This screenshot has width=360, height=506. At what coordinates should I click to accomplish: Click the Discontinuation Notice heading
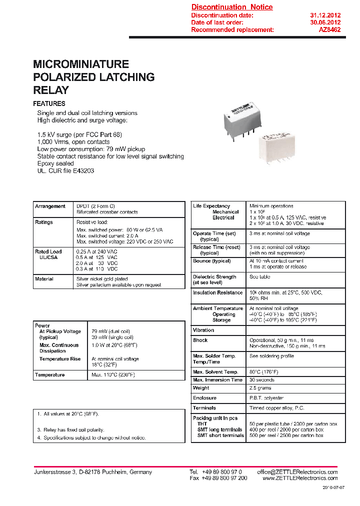click(232, 7)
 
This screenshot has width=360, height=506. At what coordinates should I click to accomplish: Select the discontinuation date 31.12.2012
click(325, 15)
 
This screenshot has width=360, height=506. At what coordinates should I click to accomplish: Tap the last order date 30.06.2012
click(325, 22)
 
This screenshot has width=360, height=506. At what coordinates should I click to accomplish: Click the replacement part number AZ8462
click(330, 30)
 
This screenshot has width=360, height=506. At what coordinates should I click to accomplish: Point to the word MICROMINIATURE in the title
click(81, 64)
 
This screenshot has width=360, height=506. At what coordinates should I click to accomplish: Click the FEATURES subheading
click(49, 103)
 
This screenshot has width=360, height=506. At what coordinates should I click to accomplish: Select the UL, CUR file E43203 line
click(65, 170)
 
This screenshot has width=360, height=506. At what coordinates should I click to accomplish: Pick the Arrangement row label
click(50, 206)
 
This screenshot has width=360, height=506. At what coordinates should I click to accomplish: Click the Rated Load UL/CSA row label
click(48, 254)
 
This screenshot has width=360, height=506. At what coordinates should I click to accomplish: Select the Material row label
click(44, 279)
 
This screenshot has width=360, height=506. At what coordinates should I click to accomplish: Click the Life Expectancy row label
click(211, 206)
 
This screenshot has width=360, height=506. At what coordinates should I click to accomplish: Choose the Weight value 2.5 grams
click(260, 388)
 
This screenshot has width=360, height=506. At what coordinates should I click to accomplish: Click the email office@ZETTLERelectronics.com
click(297, 472)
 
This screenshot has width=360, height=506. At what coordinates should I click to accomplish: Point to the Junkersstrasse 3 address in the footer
click(92, 472)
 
